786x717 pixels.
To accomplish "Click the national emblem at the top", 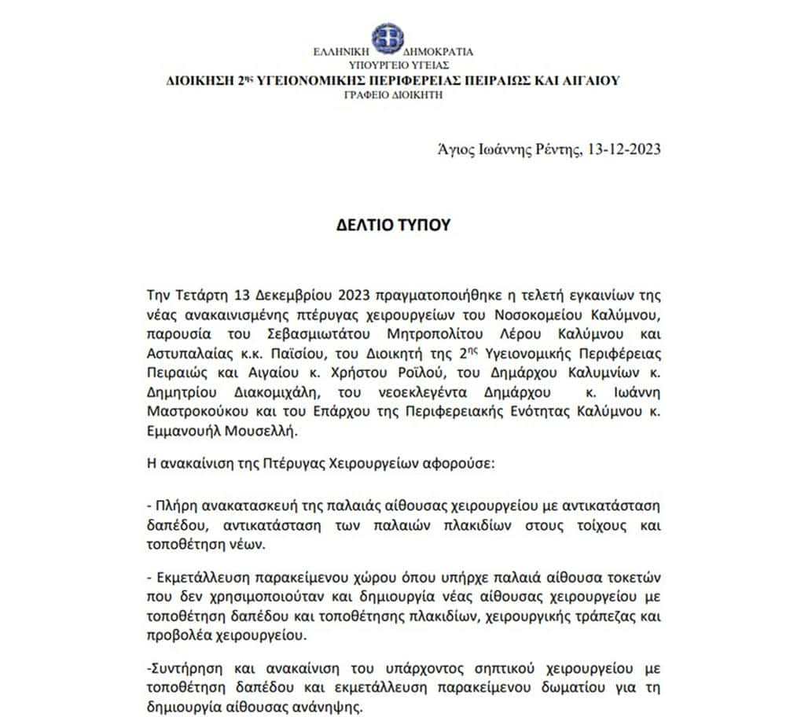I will [387, 36].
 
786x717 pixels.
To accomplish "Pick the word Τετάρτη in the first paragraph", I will [204, 296].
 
